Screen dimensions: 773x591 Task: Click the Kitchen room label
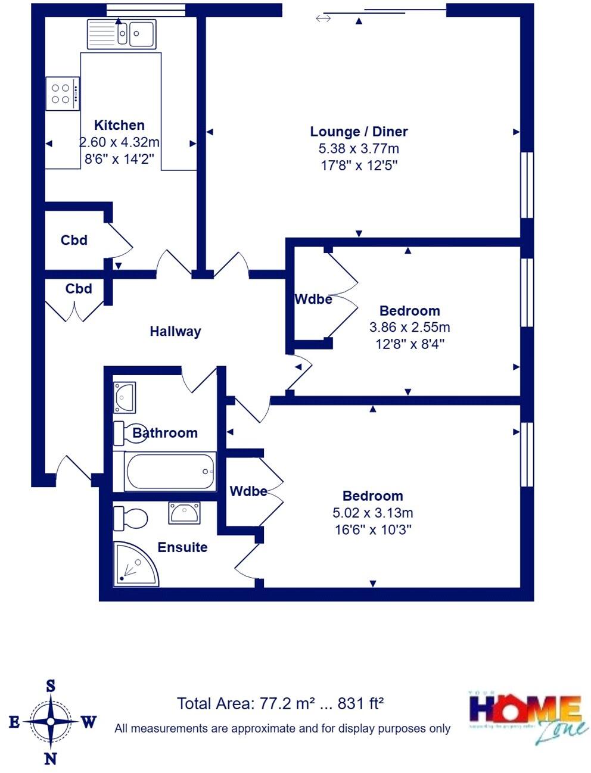119,125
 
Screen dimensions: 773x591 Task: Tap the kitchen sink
122,33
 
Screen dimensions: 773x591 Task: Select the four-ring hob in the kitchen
62,93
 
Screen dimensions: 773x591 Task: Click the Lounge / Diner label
359,132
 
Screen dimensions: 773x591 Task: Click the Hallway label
175,331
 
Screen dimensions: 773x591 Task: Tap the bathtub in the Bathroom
170,472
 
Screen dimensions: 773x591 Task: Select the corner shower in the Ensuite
134,564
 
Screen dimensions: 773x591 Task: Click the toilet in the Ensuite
130,518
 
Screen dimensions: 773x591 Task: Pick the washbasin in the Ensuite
185,512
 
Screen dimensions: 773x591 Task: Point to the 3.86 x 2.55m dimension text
409,327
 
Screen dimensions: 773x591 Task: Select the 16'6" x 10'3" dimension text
373,529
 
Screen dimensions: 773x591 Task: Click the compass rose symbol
51,722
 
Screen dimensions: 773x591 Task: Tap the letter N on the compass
51,758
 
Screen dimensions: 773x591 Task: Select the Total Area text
280,703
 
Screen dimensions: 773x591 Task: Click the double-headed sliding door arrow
323,19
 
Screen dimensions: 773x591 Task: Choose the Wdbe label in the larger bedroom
248,491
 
